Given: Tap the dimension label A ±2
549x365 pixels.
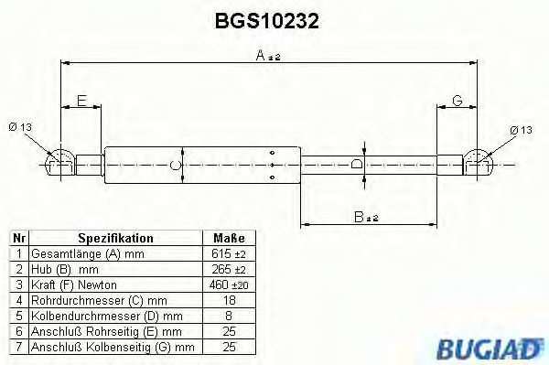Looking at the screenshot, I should pos(268,56).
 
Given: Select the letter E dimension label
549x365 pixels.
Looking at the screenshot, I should pos(81,101).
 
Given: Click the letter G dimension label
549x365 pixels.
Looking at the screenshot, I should pos(457,101).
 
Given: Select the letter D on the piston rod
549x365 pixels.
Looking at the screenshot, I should pos(357,163).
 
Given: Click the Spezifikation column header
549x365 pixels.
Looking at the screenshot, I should pos(115,238).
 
